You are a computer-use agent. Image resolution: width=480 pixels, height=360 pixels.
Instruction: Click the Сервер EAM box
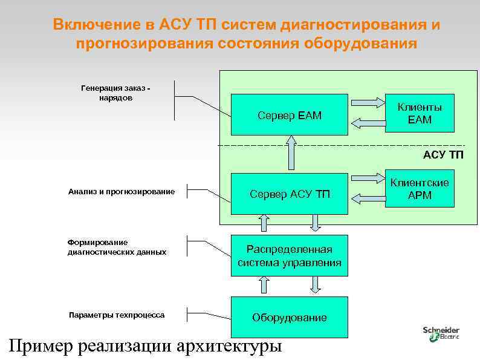click(290, 114)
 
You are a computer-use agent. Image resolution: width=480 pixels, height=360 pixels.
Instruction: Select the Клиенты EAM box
click(420, 114)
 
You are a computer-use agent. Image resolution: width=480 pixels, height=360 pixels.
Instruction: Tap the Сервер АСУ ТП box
click(290, 194)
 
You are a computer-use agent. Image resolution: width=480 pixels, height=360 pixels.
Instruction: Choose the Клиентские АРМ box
click(420, 189)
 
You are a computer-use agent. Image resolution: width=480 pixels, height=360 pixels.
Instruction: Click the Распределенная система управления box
click(290, 257)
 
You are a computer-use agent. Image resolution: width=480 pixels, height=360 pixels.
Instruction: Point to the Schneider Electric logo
click(442, 333)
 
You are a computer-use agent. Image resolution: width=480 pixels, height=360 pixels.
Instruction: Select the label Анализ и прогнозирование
click(122, 192)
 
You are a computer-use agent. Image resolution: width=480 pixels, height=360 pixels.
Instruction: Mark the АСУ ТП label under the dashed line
click(443, 155)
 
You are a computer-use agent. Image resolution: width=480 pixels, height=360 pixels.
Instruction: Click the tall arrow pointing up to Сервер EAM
click(292, 152)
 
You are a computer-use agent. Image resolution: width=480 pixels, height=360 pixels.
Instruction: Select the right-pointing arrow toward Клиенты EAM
click(366, 102)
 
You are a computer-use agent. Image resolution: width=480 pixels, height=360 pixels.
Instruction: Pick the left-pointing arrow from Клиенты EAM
click(366, 123)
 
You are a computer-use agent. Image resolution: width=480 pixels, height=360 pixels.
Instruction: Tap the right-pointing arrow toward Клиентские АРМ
click(366, 179)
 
